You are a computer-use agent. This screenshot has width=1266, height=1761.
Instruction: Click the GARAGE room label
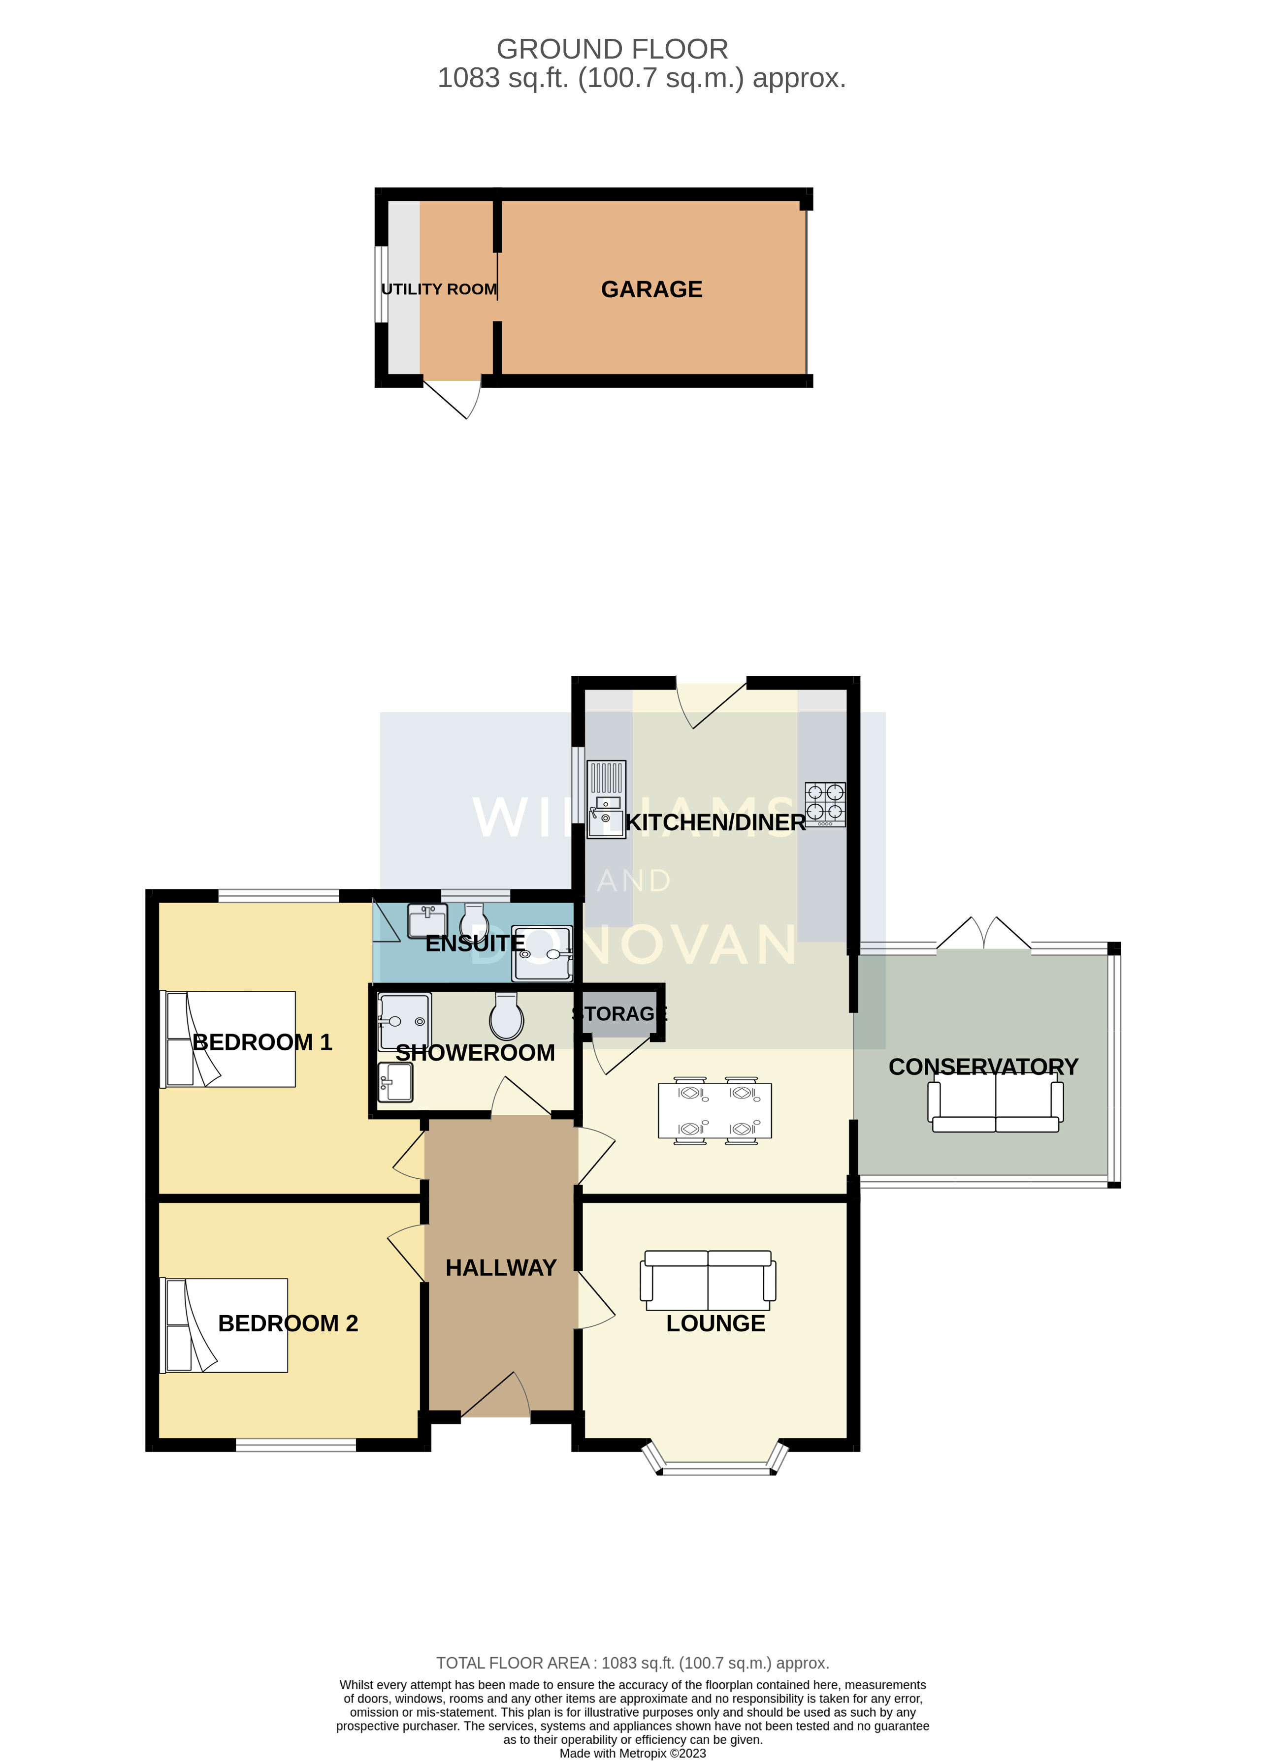[x=651, y=289]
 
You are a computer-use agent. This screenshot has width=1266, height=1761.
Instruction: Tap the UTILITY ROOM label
[x=439, y=289]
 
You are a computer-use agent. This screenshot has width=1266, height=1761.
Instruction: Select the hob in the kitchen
[x=825, y=804]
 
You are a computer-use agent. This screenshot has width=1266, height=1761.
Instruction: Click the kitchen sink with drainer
[x=606, y=799]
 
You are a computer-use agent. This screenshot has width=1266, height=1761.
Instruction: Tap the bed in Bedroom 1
[x=228, y=1039]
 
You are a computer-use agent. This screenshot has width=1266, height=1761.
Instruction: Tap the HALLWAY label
[x=501, y=1268]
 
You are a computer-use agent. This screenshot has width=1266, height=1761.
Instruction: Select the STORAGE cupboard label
[x=619, y=1014]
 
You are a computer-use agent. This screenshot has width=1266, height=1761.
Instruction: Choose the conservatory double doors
[x=983, y=935]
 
